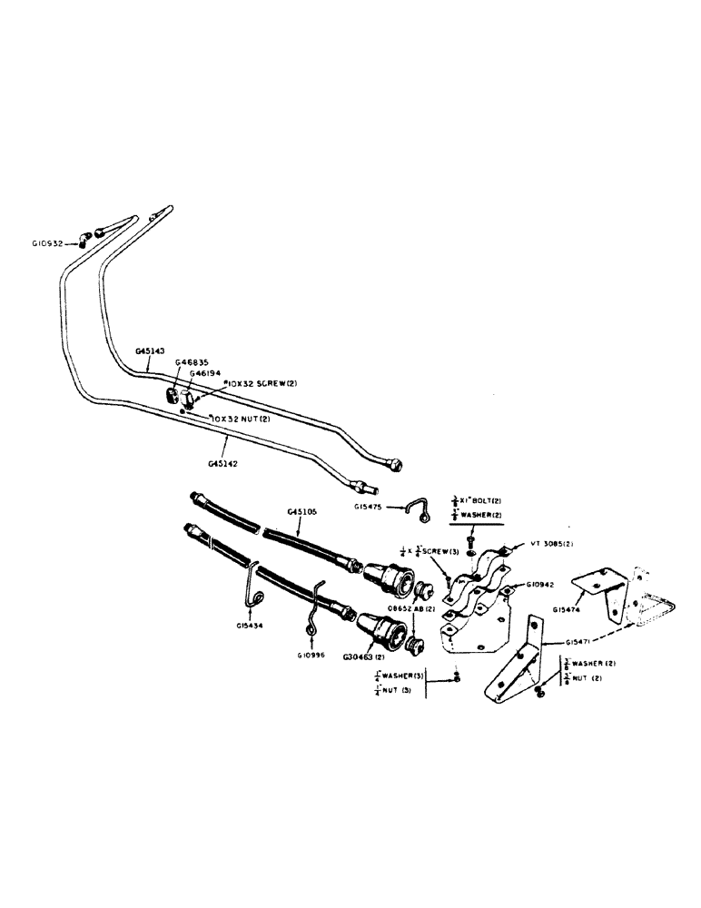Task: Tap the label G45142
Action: click(x=222, y=462)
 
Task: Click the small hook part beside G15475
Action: click(x=419, y=511)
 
